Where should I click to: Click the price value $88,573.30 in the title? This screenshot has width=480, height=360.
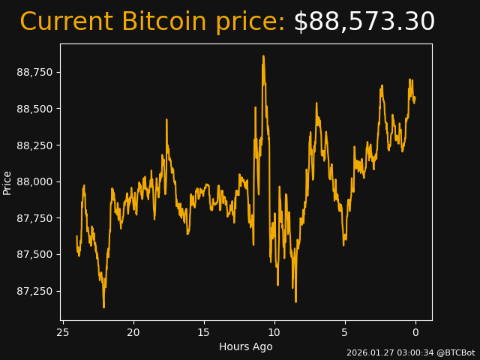(364, 22)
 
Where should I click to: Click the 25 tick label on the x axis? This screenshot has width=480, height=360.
(63, 332)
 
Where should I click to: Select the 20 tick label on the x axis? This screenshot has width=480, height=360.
(133, 332)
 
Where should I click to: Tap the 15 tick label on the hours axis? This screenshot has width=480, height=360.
(204, 332)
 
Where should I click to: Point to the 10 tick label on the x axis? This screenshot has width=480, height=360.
(274, 332)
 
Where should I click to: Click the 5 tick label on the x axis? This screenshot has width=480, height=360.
(345, 332)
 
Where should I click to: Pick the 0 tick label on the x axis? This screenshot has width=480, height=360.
(415, 332)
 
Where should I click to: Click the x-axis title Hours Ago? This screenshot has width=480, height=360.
(246, 346)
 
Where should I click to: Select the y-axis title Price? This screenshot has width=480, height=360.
(7, 182)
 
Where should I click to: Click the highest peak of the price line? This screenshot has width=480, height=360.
(263, 55)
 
